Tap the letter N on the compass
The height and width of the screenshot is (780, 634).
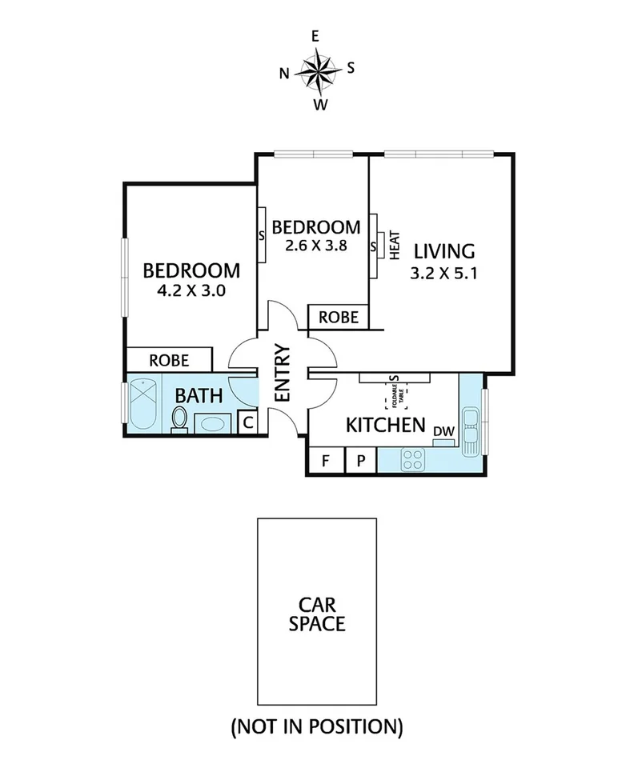(284, 74)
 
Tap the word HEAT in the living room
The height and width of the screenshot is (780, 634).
(394, 246)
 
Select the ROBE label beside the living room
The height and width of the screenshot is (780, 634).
(339, 318)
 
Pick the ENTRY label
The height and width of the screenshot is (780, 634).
(282, 372)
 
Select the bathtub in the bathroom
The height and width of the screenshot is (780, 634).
(144, 403)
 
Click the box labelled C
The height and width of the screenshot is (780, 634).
(247, 422)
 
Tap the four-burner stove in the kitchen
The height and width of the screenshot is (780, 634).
(413, 459)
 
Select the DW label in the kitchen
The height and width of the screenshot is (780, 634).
(443, 432)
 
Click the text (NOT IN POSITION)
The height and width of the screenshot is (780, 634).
(317, 726)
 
